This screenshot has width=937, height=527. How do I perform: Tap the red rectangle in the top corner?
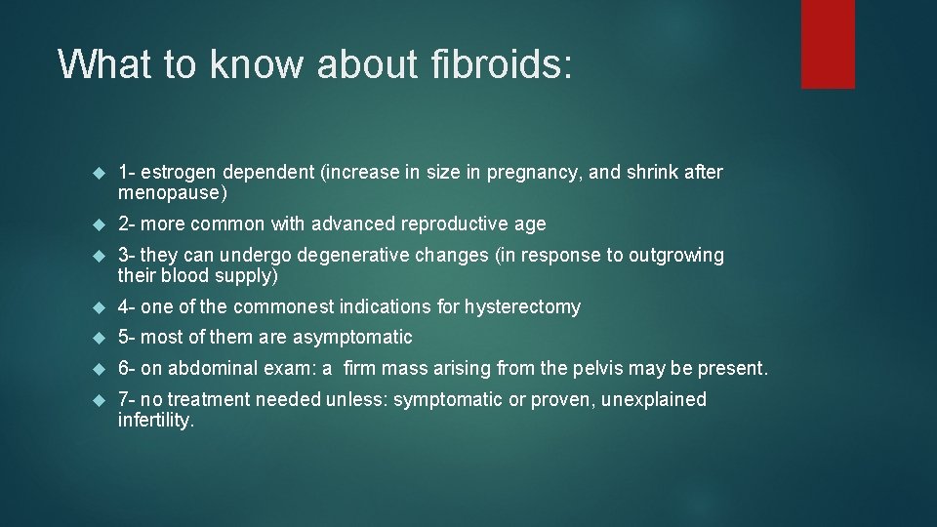[828, 44]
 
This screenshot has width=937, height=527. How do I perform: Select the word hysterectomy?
[522, 307]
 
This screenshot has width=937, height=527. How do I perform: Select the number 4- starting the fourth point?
[127, 307]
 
